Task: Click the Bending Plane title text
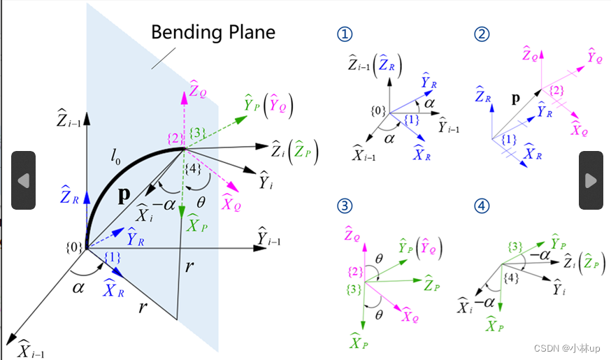[x=213, y=33]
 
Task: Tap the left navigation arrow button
[x=23, y=180]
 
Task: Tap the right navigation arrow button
[x=591, y=180]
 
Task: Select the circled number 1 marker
[x=344, y=34]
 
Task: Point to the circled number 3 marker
[x=344, y=206]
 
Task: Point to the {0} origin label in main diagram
[x=73, y=246]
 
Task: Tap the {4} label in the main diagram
[x=194, y=168]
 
